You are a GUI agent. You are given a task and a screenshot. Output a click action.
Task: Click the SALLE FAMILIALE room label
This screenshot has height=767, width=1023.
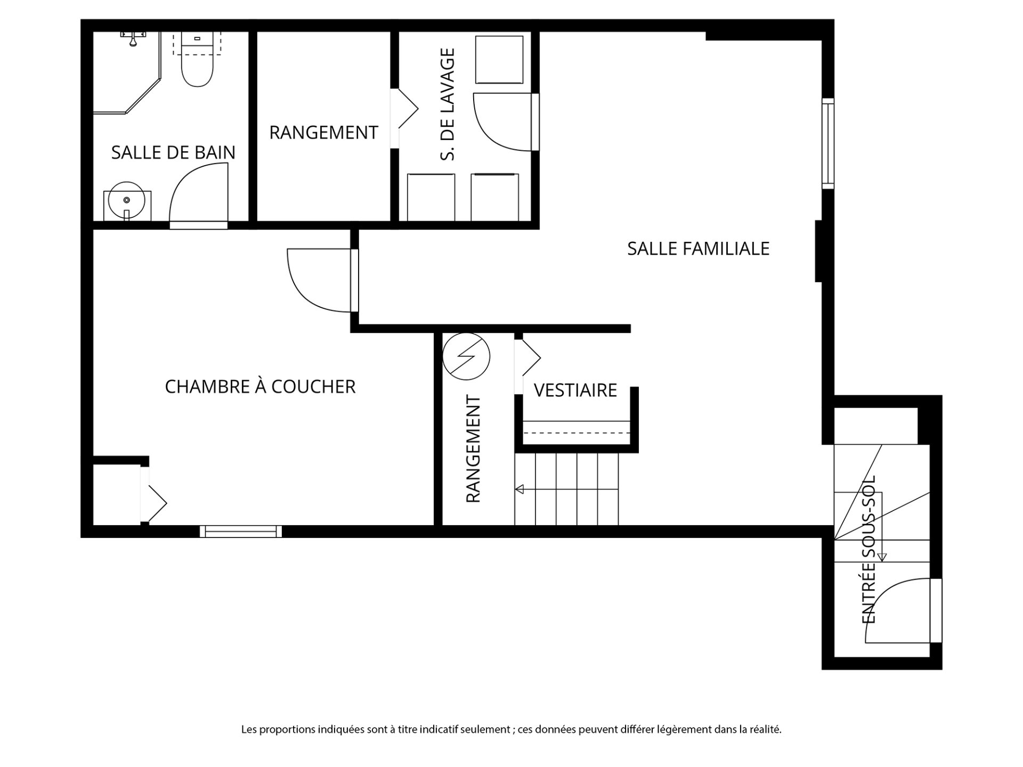click(x=698, y=249)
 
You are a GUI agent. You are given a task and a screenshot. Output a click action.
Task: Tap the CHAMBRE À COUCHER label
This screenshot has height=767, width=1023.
click(x=260, y=387)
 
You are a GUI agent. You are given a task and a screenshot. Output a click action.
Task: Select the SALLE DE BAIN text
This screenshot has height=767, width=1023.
click(x=173, y=153)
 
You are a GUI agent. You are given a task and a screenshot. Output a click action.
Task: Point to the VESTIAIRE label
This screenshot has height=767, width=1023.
click(x=575, y=390)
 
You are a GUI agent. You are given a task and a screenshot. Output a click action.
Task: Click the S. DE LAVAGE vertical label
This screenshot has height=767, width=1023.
click(x=448, y=104)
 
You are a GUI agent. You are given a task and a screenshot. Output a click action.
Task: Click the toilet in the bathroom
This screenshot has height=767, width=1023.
click(x=197, y=59)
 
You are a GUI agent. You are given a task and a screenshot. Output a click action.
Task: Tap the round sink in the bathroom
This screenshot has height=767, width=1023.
click(x=127, y=200)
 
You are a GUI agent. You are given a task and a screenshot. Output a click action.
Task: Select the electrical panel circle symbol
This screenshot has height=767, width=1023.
click(x=466, y=356)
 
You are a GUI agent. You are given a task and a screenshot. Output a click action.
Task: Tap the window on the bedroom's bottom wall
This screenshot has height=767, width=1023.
click(x=241, y=531)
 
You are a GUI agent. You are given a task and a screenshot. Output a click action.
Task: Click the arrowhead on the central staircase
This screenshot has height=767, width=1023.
click(x=519, y=489)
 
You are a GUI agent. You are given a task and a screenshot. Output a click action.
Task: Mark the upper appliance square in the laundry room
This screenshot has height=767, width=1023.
click(x=499, y=60)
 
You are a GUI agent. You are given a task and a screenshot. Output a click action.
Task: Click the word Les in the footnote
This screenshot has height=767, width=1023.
click(x=248, y=730)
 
